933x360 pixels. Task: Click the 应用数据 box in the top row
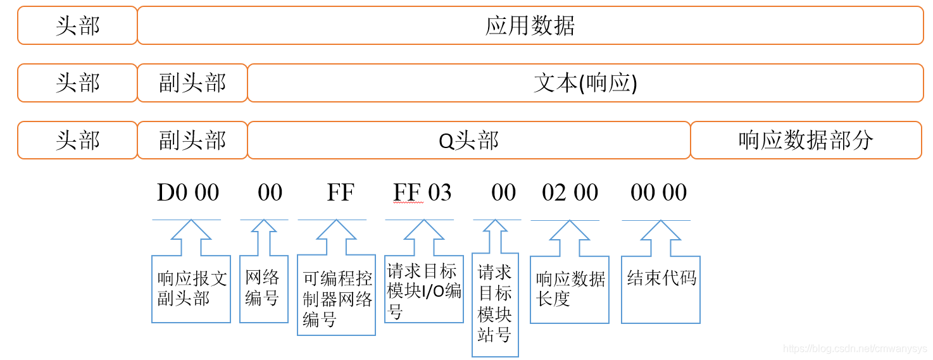530,26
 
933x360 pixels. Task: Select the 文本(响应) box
585,83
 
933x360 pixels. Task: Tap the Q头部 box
468,140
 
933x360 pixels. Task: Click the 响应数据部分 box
806,140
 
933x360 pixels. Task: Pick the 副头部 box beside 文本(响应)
192,83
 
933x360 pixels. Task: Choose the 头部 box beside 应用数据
77,26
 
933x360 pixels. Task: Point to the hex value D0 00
188,192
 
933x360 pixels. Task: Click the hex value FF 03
422,192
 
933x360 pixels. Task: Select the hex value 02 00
570,192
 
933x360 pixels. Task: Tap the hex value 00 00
658,192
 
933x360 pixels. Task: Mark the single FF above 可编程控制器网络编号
341,192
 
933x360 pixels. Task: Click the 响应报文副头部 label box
191,289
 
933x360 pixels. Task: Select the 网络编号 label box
264,289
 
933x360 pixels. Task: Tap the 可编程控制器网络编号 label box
336,295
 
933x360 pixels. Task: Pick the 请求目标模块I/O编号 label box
424,289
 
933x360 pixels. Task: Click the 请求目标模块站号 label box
495,304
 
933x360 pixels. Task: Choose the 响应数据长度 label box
570,289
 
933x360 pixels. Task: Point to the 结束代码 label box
661,289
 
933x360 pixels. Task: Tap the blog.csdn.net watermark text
855,349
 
